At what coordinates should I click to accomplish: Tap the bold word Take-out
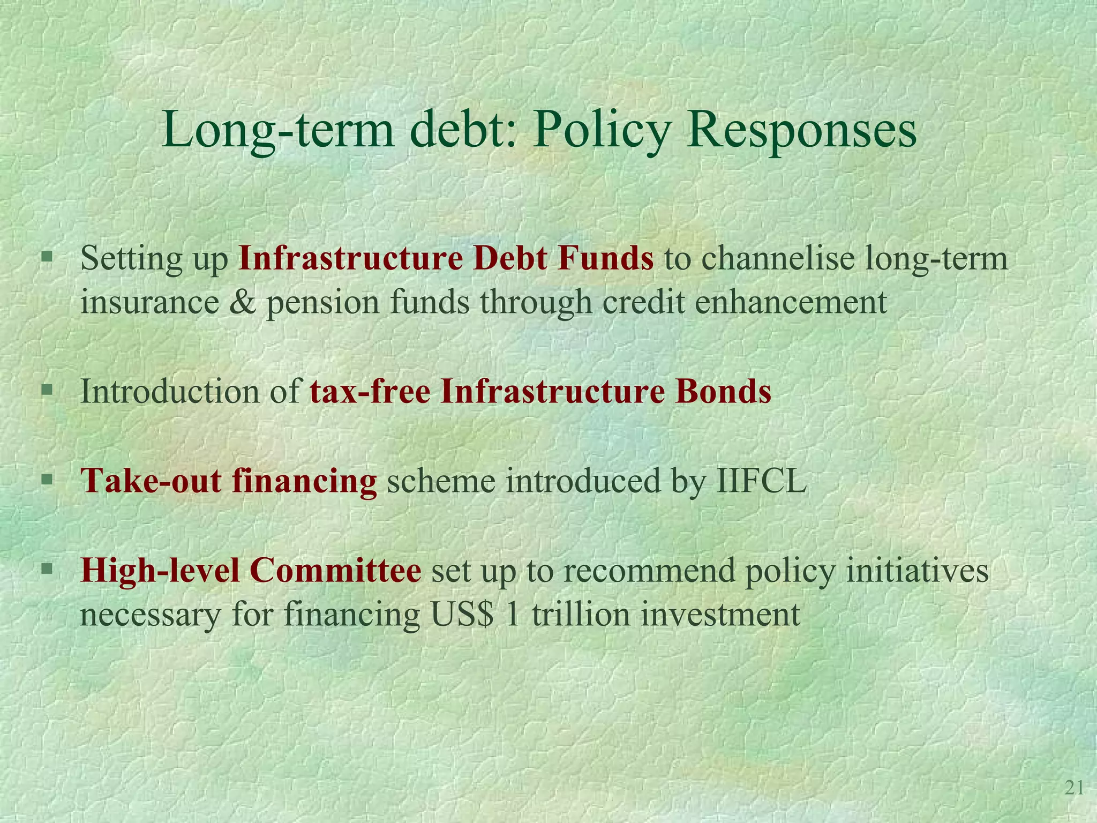(x=151, y=481)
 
